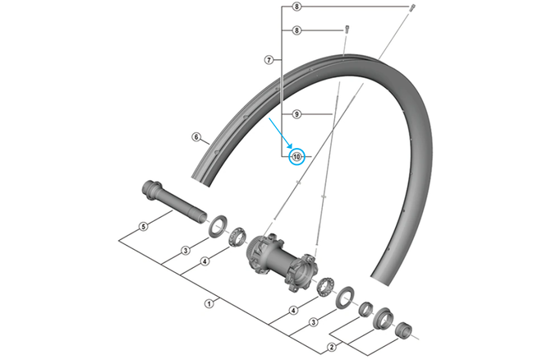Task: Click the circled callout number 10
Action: (296, 155)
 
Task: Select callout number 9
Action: (296, 114)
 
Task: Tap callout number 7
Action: (268, 60)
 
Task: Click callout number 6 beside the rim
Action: (196, 137)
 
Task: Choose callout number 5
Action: (143, 226)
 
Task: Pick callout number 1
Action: (209, 303)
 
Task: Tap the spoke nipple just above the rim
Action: (347, 30)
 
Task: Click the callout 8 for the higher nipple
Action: (296, 7)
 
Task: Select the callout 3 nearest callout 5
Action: (186, 250)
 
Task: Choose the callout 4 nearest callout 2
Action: (293, 311)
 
